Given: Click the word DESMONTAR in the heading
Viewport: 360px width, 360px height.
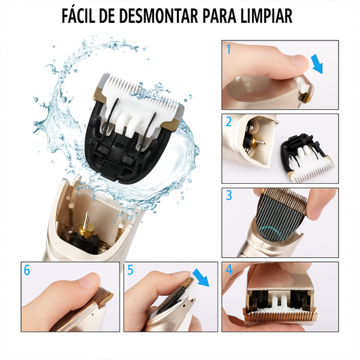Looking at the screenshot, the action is (158, 16).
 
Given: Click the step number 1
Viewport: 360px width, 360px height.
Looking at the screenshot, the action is (228, 49).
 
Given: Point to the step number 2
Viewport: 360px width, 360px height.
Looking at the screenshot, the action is (229, 122).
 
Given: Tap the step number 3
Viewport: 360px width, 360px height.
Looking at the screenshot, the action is (229, 195).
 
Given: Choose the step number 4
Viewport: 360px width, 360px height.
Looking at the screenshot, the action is (229, 269).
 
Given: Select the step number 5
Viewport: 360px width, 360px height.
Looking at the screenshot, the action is (130, 270).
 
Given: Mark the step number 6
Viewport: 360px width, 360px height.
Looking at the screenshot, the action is (27, 270).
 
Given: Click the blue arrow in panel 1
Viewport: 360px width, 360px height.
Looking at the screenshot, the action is (317, 65).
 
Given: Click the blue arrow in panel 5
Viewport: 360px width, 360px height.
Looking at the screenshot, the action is (201, 278).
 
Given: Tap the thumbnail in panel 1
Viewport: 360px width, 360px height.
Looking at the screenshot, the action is (300, 60).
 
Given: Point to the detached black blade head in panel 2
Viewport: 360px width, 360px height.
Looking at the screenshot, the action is (307, 157).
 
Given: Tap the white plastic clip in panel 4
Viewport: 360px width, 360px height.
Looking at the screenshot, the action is (279, 301).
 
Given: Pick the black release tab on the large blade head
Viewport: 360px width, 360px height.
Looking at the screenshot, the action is (111, 169).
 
